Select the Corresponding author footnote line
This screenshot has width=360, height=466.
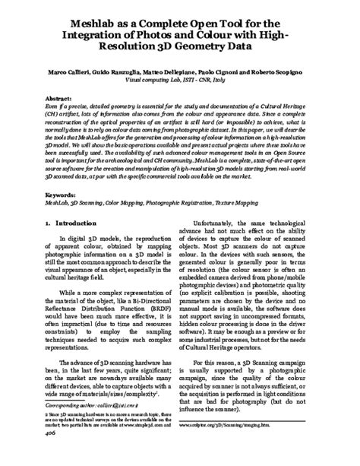click(x=74, y=428)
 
